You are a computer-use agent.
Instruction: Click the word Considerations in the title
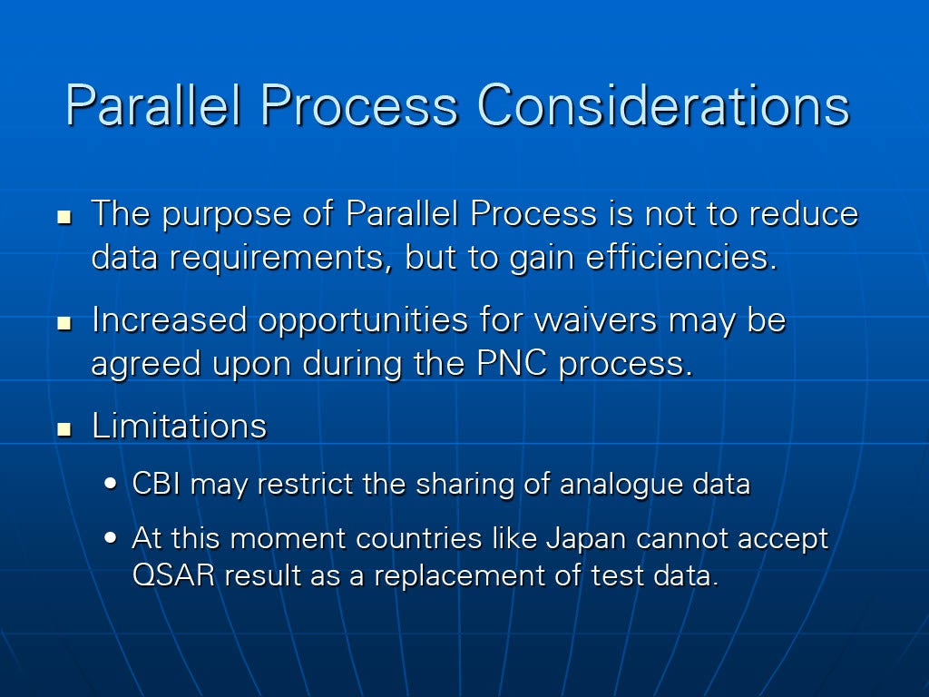pyautogui.click(x=663, y=105)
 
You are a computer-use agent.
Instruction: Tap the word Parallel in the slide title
pyautogui.click(x=153, y=105)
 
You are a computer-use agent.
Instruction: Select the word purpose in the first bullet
pyautogui.click(x=226, y=215)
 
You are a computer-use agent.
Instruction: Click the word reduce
pyautogui.click(x=804, y=213)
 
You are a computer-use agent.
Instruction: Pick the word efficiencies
pyautogui.click(x=681, y=256)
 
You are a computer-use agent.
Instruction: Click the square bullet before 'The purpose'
pyautogui.click(x=64, y=217)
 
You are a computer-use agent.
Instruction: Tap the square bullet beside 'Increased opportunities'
pyautogui.click(x=64, y=323)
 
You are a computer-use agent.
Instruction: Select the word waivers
pyautogui.click(x=595, y=320)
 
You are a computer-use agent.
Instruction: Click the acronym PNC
pyautogui.click(x=512, y=363)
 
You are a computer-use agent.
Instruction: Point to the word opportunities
pyautogui.click(x=363, y=321)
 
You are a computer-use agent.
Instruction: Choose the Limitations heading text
pyautogui.click(x=179, y=425)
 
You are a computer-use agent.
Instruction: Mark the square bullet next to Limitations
pyautogui.click(x=64, y=429)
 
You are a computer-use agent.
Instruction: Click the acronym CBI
pyautogui.click(x=156, y=483)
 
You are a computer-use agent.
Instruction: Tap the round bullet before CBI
pyautogui.click(x=110, y=484)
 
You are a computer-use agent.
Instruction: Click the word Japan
pyautogui.click(x=585, y=539)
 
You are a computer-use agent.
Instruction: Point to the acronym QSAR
pyautogui.click(x=173, y=574)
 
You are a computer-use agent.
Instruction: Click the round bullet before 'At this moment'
pyautogui.click(x=110, y=538)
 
